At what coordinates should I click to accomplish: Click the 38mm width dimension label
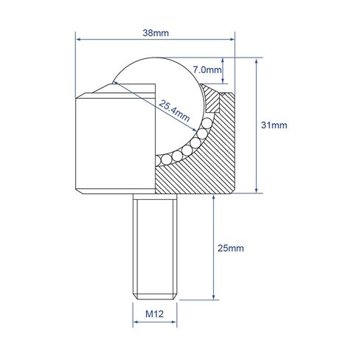click(x=155, y=32)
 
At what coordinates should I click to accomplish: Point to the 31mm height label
click(x=274, y=125)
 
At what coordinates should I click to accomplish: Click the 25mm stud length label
click(x=232, y=248)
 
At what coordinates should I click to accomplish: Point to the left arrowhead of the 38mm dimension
click(x=79, y=40)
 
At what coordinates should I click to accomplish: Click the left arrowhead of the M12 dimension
click(x=136, y=325)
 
